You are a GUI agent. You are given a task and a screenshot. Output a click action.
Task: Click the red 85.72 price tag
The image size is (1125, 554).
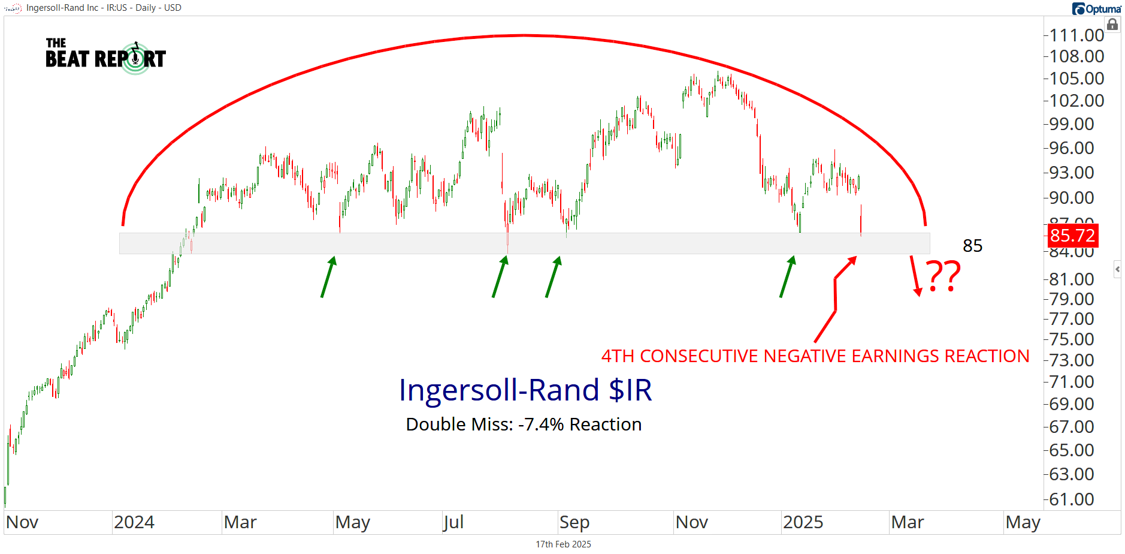point(1073,235)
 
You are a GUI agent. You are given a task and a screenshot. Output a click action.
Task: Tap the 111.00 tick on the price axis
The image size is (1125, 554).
point(1076,35)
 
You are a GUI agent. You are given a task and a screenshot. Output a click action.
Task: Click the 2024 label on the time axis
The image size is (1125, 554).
point(134,522)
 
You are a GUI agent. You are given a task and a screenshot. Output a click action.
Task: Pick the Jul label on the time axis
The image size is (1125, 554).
point(453,522)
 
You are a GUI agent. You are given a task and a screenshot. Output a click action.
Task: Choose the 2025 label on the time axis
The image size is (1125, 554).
point(803,522)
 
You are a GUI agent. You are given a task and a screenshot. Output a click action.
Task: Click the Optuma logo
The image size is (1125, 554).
point(1097,8)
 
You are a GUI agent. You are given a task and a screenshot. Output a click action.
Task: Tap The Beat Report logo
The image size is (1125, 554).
point(105,57)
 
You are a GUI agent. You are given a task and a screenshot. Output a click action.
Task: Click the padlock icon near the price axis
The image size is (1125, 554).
point(1112,25)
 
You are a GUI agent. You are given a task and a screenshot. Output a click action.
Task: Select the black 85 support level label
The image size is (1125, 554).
point(972,246)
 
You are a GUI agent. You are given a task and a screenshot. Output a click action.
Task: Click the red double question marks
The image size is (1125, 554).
point(944,276)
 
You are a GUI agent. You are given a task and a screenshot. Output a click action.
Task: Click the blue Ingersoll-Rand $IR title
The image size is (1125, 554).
point(525,390)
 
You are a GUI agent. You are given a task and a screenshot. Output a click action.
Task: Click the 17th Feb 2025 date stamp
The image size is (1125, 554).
point(563,544)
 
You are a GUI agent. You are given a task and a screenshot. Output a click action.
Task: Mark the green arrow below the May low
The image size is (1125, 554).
point(328,276)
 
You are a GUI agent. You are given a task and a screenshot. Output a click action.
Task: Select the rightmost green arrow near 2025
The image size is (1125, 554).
point(787,276)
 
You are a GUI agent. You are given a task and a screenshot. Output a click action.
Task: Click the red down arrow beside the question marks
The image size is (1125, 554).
point(915,276)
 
